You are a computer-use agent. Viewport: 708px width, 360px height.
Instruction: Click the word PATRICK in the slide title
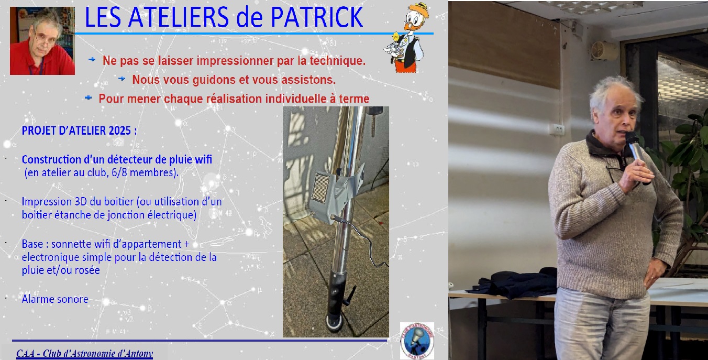point(317,17)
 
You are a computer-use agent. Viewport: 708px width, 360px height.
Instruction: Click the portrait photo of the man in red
point(42,41)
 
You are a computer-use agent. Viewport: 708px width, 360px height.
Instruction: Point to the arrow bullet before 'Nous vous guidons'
point(121,79)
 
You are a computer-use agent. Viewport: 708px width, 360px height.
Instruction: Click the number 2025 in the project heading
point(120,130)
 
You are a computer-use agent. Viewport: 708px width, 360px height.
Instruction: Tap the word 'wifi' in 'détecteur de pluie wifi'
point(203,159)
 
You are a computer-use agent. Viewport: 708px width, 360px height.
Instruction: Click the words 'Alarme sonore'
point(55,299)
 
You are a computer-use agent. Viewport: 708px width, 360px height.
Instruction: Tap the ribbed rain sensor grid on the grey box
point(320,189)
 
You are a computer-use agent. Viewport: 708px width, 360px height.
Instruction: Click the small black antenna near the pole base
point(350,296)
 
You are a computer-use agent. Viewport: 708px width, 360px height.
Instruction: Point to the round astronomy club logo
point(417,341)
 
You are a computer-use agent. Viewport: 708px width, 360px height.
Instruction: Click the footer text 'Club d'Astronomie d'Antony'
point(98,353)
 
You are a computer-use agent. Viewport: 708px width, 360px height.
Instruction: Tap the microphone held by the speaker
point(636,149)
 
